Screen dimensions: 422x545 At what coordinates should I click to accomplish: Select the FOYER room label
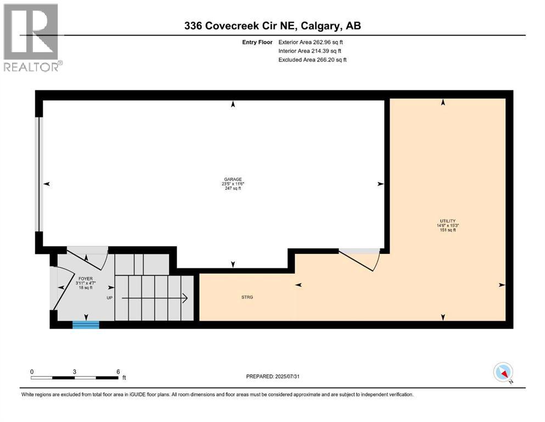point(85,278)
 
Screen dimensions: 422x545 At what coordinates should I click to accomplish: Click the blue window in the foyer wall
point(86,325)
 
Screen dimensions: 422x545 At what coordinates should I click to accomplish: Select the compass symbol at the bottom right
point(503,373)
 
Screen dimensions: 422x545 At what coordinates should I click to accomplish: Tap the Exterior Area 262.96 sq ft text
point(312,42)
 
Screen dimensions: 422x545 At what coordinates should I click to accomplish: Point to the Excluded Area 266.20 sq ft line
point(312,59)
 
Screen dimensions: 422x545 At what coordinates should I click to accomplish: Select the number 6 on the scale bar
point(118,371)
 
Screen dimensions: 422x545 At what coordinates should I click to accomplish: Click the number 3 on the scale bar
point(75,371)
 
